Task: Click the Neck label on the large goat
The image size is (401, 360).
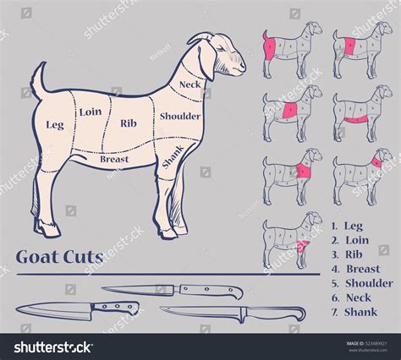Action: coord(190,85)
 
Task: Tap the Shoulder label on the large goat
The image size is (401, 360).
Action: coord(180,117)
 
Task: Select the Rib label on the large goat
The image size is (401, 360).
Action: coord(129,123)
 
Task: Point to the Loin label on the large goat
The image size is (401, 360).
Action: coord(91,111)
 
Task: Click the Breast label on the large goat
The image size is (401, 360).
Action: coord(114,158)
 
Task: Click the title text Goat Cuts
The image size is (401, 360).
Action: coord(59,257)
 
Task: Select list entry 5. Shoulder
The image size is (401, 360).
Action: coord(362,283)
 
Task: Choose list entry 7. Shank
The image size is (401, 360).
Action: coord(355,312)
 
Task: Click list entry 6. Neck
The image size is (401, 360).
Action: coord(353,297)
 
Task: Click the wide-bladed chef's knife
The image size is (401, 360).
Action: coord(76,310)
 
